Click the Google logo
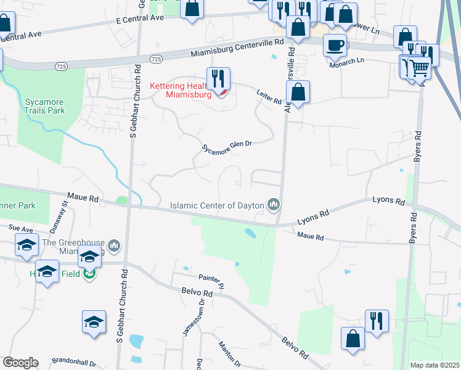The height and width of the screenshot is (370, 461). pos(20,363)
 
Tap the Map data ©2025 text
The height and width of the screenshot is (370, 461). pos(435,365)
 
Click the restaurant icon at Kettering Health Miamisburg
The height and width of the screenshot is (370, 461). pos(218,78)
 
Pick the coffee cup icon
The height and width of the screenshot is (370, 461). pos(334,45)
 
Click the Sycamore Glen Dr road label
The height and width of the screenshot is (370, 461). pos(227,148)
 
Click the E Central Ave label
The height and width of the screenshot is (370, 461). pos(140,18)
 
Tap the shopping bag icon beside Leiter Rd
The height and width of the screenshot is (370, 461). pos(298,92)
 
